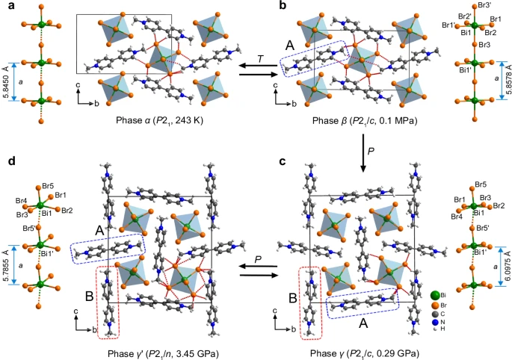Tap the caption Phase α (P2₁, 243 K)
coord(160,120)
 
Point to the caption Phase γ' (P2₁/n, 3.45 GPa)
coord(163,353)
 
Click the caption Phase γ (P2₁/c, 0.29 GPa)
coord(365,353)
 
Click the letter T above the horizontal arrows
coord(260,58)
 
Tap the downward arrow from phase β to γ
coord(363,153)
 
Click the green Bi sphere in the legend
coord(435,296)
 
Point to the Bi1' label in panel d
coord(48,252)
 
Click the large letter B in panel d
coord(90,297)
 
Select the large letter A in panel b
coord(290,46)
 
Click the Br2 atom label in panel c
coord(499,205)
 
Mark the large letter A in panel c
coord(364,323)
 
